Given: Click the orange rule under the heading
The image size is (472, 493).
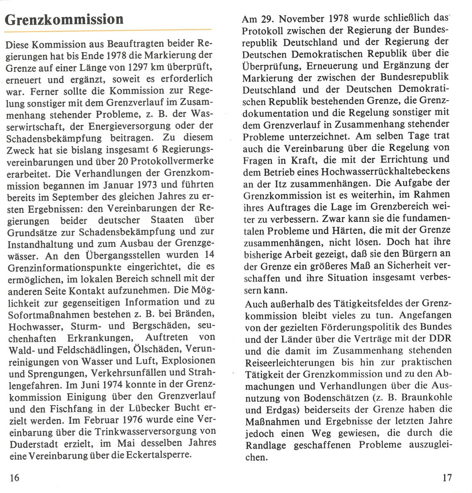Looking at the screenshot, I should [x=108, y=30].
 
